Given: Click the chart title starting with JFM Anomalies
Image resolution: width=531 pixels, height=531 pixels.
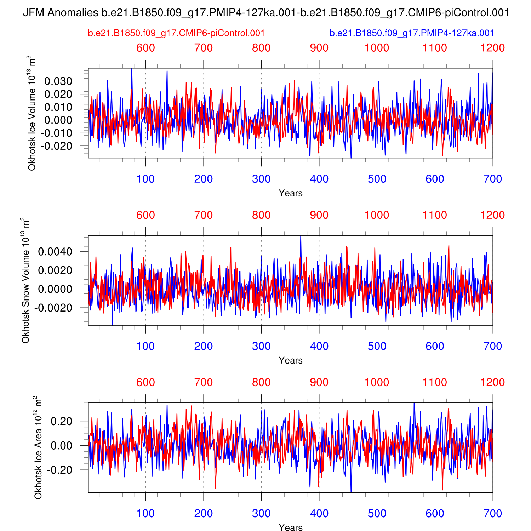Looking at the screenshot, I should point(265,13).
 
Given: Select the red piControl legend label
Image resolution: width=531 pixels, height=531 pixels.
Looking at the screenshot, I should point(176,33).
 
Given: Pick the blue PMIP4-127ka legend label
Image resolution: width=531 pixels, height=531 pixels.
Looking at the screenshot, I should point(412,33).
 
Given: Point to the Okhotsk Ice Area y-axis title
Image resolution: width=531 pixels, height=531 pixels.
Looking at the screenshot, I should point(38,448).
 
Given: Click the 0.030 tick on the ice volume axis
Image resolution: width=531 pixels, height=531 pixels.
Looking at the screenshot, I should point(58,81).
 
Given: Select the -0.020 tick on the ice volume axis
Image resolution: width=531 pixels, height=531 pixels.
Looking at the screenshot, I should point(56,146).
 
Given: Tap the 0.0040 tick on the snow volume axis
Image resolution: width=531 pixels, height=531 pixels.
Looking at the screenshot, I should point(55,252).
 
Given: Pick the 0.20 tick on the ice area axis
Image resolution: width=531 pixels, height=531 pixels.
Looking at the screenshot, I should point(62,422).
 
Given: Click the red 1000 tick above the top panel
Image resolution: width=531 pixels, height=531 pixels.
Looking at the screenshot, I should point(377,48).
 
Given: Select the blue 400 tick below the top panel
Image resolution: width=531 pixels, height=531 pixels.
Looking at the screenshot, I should point(319,179).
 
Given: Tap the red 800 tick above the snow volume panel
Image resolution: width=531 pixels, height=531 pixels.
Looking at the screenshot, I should point(261,215).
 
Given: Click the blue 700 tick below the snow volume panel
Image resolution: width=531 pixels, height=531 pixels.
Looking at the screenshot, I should point(493,346).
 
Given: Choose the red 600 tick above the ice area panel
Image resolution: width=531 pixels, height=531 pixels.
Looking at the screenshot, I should point(145,382).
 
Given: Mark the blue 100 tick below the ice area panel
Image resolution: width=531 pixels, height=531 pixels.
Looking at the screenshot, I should point(145,514).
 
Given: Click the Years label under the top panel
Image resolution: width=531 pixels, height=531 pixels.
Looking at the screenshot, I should point(291,193).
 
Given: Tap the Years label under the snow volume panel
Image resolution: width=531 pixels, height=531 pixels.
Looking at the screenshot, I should point(291,360).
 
